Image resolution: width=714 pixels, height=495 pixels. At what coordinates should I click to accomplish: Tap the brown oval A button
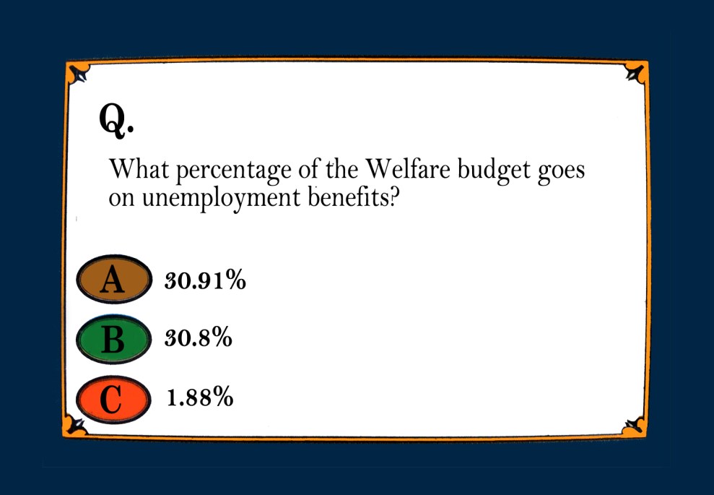tap(113, 280)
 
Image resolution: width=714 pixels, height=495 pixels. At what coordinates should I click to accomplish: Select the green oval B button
tap(113, 339)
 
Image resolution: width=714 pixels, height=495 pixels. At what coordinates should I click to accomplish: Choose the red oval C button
tap(113, 397)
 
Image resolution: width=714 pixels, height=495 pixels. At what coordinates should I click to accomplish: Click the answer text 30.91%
tap(206, 280)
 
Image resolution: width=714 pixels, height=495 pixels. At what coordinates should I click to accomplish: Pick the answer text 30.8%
tap(199, 338)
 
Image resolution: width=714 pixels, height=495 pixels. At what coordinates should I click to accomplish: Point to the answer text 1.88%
tap(200, 397)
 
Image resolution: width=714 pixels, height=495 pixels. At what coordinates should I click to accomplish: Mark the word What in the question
tap(139, 171)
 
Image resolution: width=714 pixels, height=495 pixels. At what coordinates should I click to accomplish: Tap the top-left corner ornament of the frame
tap(77, 74)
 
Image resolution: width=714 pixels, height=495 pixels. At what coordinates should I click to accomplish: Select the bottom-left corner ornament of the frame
tap(77, 424)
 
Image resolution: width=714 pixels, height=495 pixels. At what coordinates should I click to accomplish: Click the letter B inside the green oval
tap(113, 339)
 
